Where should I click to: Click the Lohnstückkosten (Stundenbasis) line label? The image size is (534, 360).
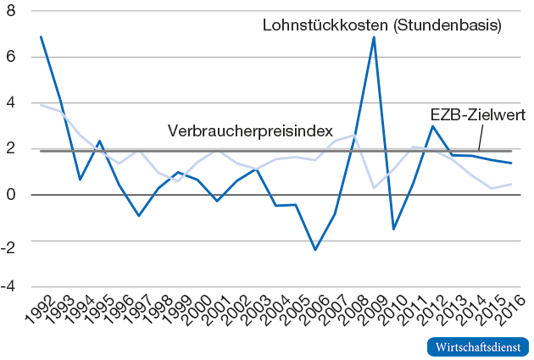[381, 26]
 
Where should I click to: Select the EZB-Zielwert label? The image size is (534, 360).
[478, 114]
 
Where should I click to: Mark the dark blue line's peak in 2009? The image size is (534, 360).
[374, 37]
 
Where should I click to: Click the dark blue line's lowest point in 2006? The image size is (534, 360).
[315, 249]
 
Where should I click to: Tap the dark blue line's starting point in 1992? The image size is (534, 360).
[41, 37]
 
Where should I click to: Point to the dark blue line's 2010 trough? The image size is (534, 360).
[393, 229]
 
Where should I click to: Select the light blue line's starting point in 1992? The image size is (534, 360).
[41, 105]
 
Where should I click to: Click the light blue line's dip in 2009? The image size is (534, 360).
[374, 187]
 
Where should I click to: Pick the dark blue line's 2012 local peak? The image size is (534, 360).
[433, 126]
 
